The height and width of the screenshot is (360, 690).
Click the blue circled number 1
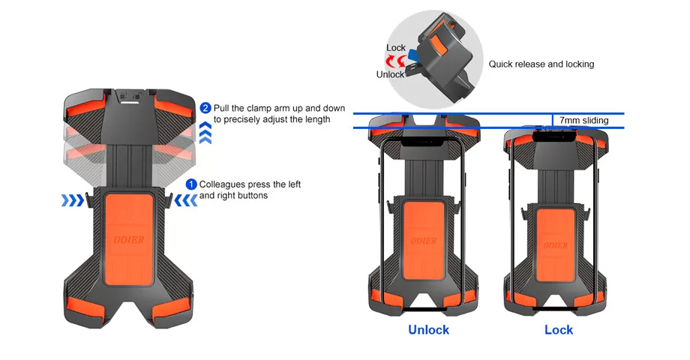[191, 184]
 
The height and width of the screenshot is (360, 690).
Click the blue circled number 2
[206, 108]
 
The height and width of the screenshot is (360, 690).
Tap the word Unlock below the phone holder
[428, 330]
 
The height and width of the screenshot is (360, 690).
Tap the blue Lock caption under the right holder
[558, 330]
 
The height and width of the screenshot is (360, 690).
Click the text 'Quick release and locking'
[541, 64]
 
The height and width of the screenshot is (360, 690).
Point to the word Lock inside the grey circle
[396, 48]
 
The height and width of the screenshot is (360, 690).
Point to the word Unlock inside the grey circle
[390, 74]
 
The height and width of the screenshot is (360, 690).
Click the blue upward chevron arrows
[207, 133]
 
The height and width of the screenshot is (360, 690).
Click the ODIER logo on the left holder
[130, 241]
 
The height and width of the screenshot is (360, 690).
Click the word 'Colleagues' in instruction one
[223, 184]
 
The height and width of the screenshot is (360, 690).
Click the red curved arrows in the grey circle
[405, 61]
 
